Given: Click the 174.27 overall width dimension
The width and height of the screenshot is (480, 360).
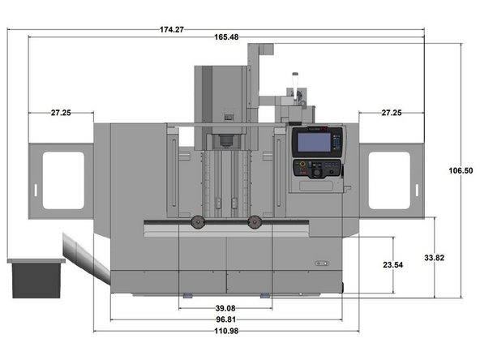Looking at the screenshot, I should (172, 30).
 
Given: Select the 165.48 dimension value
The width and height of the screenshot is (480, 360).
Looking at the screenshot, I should (227, 38).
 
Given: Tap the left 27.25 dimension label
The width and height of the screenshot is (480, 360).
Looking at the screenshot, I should (61, 113).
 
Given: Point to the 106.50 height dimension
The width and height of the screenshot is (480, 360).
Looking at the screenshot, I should (460, 170).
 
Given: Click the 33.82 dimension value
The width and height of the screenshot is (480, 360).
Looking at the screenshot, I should (435, 258).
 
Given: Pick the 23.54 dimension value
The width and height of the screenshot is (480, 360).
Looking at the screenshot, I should (392, 265).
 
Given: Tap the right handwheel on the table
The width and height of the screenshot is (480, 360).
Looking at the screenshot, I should (256, 222).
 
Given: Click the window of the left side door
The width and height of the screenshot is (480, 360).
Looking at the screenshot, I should (64, 180).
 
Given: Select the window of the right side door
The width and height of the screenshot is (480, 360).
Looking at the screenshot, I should (389, 180).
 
